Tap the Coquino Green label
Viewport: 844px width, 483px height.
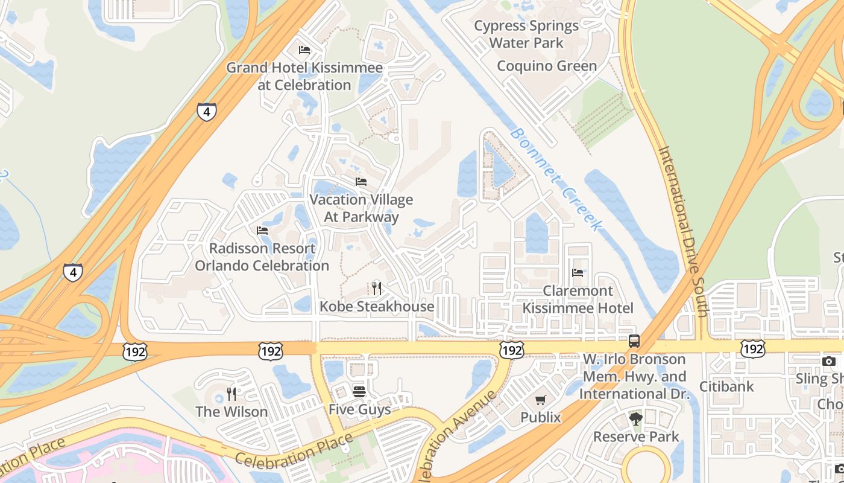click(x=547, y=66)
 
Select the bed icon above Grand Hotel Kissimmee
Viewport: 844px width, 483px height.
click(x=304, y=50)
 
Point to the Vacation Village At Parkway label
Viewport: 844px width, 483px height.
click(x=361, y=208)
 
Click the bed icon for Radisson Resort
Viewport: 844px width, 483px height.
click(x=262, y=231)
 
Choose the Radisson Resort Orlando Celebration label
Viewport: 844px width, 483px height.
click(x=262, y=257)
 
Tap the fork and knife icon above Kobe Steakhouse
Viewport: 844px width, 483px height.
click(x=377, y=288)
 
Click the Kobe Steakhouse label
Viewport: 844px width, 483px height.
click(x=377, y=307)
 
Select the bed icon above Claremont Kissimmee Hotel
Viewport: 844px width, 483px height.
click(x=577, y=273)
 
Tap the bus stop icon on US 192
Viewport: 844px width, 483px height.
click(x=634, y=341)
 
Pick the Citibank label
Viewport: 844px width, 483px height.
click(x=726, y=386)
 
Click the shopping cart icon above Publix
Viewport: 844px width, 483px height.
click(x=541, y=400)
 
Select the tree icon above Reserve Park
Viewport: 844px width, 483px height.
click(x=635, y=419)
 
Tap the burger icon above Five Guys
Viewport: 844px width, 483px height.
click(x=359, y=391)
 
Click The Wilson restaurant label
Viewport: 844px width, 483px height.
click(x=231, y=412)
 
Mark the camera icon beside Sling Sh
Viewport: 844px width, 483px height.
click(x=829, y=361)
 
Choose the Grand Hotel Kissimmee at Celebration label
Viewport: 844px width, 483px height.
click(x=304, y=76)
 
